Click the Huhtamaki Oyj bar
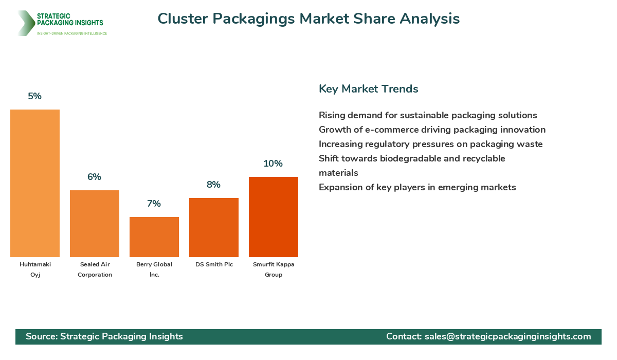tap(35, 183)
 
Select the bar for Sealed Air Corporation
tap(95, 224)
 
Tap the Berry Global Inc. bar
tap(154, 237)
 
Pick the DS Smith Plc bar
tap(214, 227)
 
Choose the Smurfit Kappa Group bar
tap(274, 217)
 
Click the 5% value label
tap(35, 96)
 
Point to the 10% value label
tap(273, 164)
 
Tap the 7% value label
tap(154, 204)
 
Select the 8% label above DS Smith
tap(213, 185)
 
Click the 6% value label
tap(94, 177)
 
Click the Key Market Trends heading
tap(368, 88)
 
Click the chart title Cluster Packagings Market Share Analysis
tap(308, 19)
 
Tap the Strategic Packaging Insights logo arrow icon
tap(26, 23)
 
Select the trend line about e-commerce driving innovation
tap(432, 130)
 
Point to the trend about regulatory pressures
tap(430, 144)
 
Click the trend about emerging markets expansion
tap(417, 187)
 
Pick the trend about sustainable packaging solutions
tap(428, 115)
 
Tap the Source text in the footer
tap(104, 336)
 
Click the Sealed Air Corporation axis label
tap(95, 269)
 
